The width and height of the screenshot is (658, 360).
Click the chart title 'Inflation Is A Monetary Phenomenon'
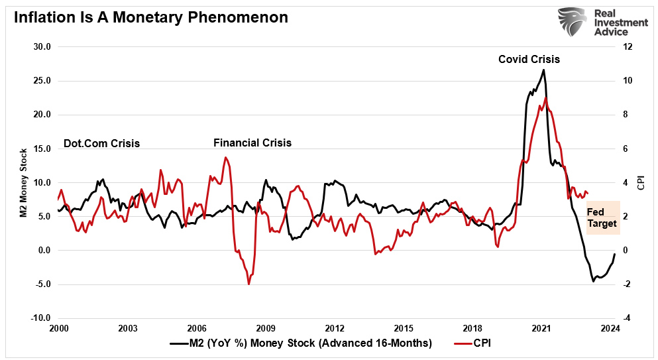click(x=150, y=17)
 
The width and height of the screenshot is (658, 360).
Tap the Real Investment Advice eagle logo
click(x=575, y=23)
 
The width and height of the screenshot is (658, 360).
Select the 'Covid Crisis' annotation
click(x=529, y=59)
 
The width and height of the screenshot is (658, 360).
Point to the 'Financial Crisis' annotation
click(x=252, y=143)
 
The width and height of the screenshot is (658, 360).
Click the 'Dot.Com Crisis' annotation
click(x=101, y=143)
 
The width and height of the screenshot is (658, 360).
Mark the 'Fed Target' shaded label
click(x=602, y=218)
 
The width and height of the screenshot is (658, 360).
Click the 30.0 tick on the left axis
click(x=41, y=47)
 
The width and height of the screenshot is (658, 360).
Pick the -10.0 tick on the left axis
click(x=40, y=318)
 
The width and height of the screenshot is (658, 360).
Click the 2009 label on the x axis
click(x=266, y=328)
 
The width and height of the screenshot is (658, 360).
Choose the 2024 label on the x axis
click(x=610, y=328)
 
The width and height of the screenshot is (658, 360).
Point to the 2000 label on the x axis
click(x=58, y=328)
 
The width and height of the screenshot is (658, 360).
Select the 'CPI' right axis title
click(x=641, y=182)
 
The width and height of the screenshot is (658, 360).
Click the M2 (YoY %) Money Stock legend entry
click(x=301, y=343)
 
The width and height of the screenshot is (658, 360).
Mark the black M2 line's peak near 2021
click(x=544, y=70)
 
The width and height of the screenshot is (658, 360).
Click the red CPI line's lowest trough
click(x=248, y=284)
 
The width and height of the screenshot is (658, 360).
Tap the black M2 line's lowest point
click(x=593, y=281)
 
